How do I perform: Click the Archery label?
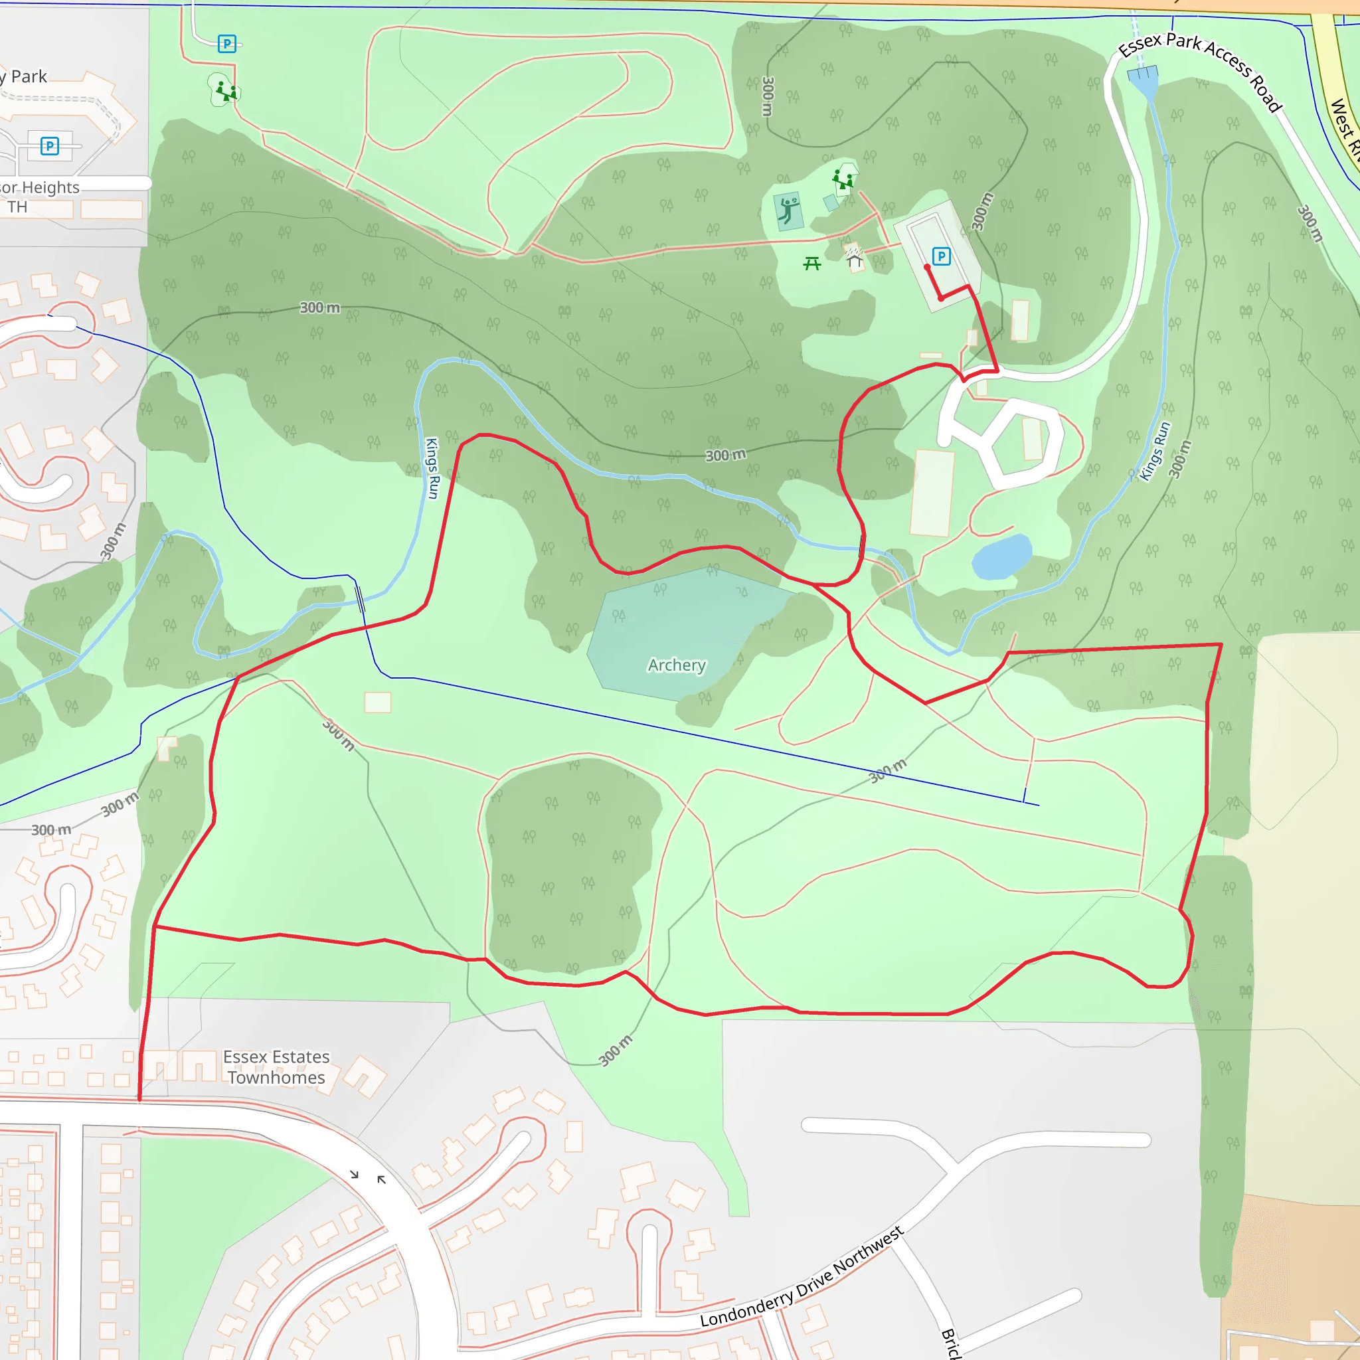click(677, 665)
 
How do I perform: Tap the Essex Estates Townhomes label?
click(276, 1067)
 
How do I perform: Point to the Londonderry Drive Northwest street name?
click(802, 1277)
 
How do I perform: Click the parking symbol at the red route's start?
click(940, 256)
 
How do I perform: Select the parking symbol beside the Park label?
click(49, 145)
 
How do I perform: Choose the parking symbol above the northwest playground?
click(226, 44)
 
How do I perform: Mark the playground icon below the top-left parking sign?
click(226, 91)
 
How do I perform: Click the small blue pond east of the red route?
click(1001, 556)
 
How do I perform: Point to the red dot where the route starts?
click(927, 268)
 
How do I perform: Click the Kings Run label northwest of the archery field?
click(432, 468)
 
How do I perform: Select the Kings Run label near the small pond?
click(1154, 451)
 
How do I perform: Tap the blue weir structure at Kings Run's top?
click(1142, 74)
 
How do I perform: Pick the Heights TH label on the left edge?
click(40, 197)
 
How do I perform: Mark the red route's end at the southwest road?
click(139, 1099)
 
